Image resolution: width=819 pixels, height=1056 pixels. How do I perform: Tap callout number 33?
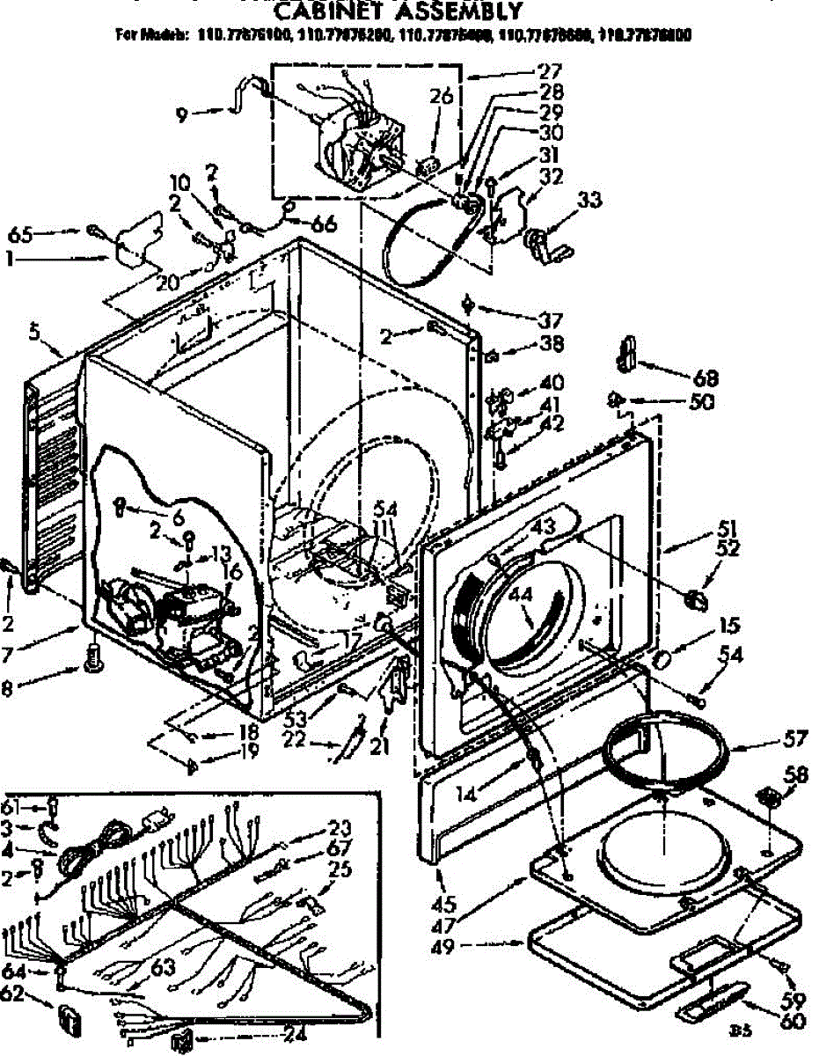click(590, 201)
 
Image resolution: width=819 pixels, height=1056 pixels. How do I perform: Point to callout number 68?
click(706, 379)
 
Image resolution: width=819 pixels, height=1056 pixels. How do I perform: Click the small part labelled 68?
click(626, 353)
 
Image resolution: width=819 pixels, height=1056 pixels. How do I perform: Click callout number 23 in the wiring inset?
click(340, 827)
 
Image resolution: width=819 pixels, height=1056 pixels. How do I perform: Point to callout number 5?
click(33, 334)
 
